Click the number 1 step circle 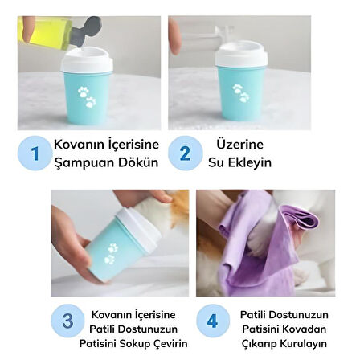point(34,153)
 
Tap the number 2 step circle point(184,153)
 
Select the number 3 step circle point(67,321)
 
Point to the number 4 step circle point(211,321)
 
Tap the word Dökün point(138,162)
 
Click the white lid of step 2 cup point(240,59)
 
